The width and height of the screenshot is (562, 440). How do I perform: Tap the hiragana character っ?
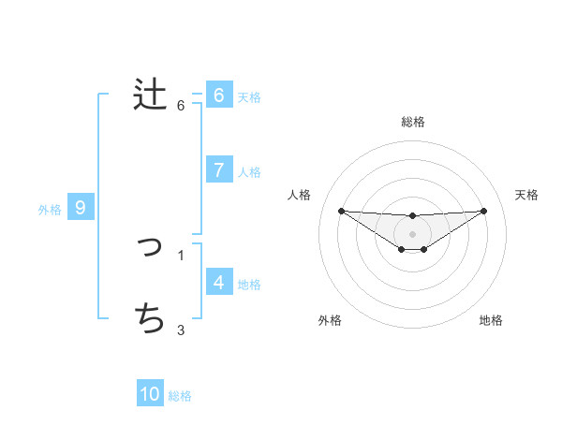[x=150, y=248]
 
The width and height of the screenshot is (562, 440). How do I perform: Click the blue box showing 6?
[x=218, y=95]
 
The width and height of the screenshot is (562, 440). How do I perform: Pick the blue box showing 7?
[x=218, y=169]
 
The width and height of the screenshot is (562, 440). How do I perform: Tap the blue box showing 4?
[x=218, y=282]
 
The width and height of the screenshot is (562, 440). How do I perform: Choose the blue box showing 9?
[x=81, y=208]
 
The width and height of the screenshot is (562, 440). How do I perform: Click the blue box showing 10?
[x=150, y=394]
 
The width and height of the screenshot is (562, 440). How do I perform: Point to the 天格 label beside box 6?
[x=249, y=96]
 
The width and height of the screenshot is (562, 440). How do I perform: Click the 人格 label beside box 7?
[x=249, y=172]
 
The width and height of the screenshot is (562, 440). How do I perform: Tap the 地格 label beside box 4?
[x=249, y=285]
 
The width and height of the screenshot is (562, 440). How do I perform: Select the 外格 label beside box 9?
[x=50, y=210]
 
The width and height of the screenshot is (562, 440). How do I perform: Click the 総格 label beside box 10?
[x=180, y=396]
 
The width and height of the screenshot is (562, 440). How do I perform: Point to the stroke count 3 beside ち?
[x=181, y=330]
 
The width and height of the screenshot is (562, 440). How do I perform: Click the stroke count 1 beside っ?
[x=181, y=255]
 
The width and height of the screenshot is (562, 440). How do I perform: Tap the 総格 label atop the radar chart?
[x=413, y=122]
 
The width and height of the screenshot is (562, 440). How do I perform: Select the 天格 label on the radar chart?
[x=526, y=195]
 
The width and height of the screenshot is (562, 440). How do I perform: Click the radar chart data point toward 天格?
[x=484, y=211]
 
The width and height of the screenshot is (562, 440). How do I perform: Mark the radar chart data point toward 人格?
[x=341, y=211]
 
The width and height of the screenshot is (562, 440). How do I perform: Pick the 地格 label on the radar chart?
[x=491, y=320]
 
